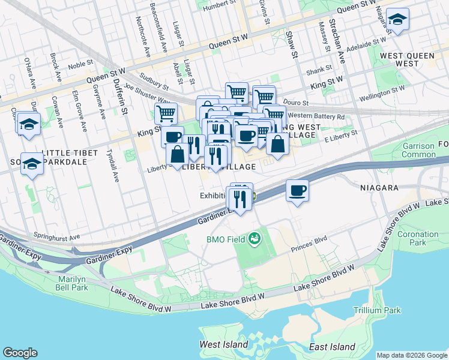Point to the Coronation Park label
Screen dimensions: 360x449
pos(418,238)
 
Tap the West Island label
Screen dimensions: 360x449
pos(223,345)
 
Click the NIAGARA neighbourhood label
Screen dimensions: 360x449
pos(379,188)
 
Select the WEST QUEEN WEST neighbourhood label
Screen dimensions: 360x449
pos(408,59)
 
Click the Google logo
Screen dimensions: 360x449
pos(20,353)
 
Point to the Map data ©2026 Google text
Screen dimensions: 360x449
pos(411,355)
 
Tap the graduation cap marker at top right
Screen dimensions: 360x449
pos(397,20)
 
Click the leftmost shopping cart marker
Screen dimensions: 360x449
pos(166,113)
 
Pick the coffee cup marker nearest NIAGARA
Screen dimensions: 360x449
pos(297,191)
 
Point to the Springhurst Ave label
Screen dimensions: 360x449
pos(57,236)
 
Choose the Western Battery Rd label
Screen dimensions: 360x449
pos(316,116)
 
